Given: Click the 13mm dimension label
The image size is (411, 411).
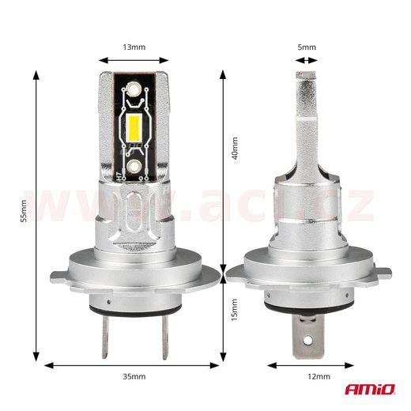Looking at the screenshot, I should point(134,47).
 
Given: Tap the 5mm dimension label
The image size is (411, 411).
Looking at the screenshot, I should point(307,47).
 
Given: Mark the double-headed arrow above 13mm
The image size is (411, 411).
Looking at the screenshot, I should point(134,58).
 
